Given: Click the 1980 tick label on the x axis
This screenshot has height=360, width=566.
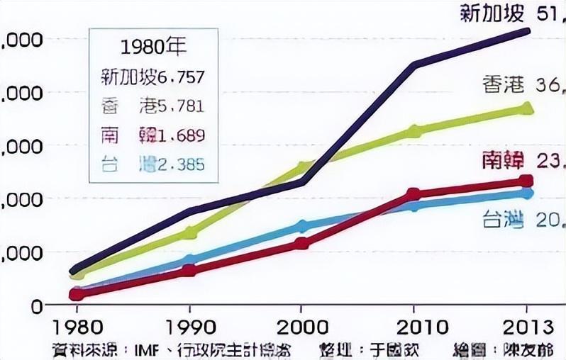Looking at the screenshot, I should (76, 327).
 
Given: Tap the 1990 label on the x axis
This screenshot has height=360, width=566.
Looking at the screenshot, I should (189, 327).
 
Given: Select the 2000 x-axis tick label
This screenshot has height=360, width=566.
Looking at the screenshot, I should (301, 327).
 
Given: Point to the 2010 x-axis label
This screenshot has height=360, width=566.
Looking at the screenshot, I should (414, 327).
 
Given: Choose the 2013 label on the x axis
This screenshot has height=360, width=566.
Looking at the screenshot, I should (526, 327).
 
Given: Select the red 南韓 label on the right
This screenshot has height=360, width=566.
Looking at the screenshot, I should (502, 160).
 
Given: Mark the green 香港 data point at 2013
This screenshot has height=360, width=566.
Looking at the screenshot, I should (526, 108).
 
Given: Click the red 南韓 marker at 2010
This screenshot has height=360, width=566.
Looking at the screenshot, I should (414, 194).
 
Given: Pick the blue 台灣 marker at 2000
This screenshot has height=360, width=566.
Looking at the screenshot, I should (302, 226).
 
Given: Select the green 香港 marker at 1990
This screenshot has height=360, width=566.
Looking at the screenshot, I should (189, 232).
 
